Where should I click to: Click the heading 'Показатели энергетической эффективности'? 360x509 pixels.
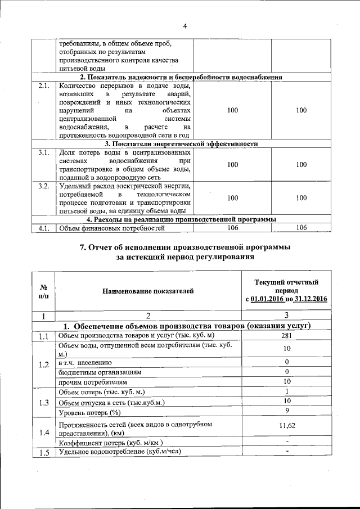tap(181, 144)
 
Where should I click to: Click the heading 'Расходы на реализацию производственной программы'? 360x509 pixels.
tap(181, 219)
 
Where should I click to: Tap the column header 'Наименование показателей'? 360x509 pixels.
tap(148, 291)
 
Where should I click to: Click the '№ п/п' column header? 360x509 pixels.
tap(44, 291)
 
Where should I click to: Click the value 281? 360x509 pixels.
tap(286, 336)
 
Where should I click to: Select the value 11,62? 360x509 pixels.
tap(286, 426)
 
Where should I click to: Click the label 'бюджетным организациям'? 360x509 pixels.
tap(100, 372)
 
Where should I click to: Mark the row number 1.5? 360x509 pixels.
tap(44, 452)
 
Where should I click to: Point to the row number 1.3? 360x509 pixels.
tap(44, 401)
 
